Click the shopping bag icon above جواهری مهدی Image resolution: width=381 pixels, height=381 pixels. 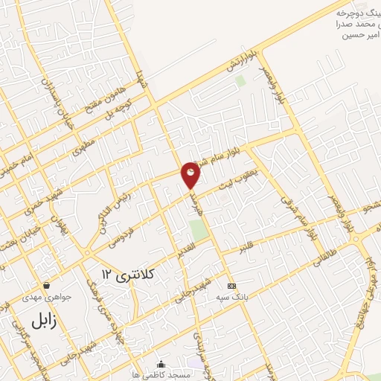47,285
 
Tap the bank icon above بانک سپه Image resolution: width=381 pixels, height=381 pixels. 231,286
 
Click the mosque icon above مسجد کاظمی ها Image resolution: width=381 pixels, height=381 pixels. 161,364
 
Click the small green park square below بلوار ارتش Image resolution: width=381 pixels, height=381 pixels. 240,80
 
